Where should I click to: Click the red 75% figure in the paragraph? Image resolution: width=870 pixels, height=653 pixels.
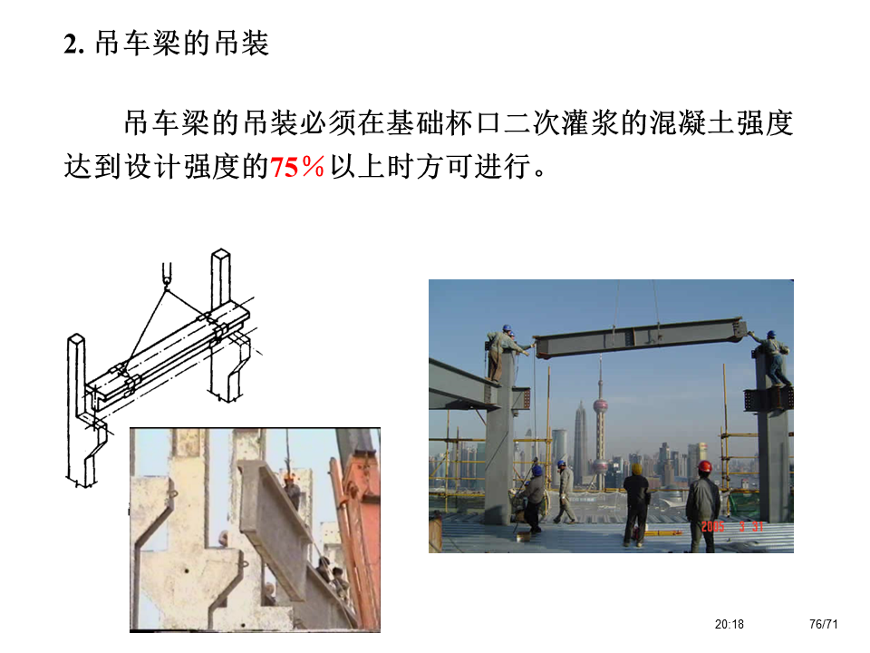coord(297,167)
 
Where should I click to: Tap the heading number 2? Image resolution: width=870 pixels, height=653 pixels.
coord(73,44)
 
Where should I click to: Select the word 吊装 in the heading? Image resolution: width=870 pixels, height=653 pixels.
coord(242,44)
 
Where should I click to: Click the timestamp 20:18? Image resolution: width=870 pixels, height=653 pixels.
coord(729,624)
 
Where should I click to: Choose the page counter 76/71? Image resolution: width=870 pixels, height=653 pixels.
coord(824,624)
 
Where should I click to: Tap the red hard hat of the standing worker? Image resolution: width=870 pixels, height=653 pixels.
coord(704,466)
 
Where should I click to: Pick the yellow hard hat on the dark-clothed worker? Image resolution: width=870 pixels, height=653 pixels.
coord(637,469)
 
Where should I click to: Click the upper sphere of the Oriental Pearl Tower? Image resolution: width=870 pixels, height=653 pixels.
coord(600,406)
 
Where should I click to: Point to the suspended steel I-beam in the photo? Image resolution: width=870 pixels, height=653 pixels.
coord(639,336)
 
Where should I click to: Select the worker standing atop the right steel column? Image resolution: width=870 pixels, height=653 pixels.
coord(773,357)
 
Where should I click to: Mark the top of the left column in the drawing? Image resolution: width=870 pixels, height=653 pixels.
coord(76,338)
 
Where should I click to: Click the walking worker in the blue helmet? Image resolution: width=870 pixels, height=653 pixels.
coord(565,492)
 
